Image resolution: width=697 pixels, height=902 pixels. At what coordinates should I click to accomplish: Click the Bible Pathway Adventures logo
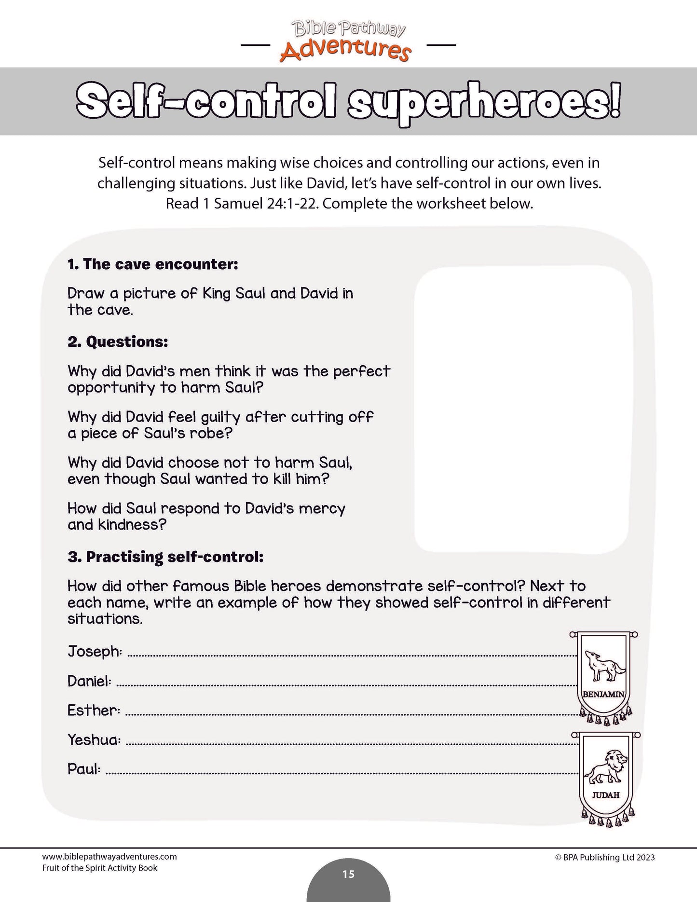(348, 41)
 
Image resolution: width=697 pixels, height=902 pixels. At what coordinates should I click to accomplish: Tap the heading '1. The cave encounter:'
(153, 264)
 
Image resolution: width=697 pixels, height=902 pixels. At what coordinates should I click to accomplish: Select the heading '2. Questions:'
(118, 342)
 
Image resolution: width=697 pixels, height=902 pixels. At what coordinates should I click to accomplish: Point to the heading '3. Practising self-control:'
(165, 557)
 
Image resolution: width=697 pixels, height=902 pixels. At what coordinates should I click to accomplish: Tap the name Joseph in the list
(95, 652)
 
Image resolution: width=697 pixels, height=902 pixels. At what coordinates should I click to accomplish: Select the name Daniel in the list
(89, 681)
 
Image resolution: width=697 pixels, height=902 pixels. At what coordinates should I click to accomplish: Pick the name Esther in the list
(94, 711)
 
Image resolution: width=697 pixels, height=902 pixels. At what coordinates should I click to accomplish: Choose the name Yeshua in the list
(94, 740)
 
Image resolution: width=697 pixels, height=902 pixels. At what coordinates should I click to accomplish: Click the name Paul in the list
(84, 769)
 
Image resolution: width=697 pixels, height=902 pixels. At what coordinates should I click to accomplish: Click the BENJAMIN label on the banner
(603, 695)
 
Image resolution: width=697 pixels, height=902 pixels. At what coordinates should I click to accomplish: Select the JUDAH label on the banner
(606, 795)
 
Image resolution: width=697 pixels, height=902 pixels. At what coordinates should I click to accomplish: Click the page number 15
(348, 874)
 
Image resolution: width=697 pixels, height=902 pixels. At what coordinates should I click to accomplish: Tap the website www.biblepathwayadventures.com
(109, 857)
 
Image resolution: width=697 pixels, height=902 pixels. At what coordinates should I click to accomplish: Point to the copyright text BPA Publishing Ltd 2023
(605, 857)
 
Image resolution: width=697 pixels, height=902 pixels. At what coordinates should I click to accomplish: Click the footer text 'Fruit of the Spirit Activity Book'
(100, 868)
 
